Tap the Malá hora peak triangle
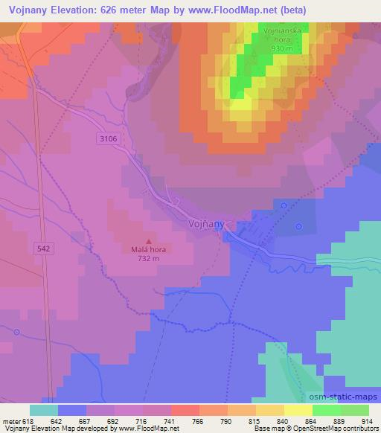pyautogui.click(x=149, y=241)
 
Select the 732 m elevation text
pyautogui.click(x=148, y=259)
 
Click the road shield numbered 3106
pyautogui.click(x=108, y=138)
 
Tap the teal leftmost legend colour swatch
pyautogui.click(x=43, y=409)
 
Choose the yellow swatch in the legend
pyautogui.click(x=298, y=409)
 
